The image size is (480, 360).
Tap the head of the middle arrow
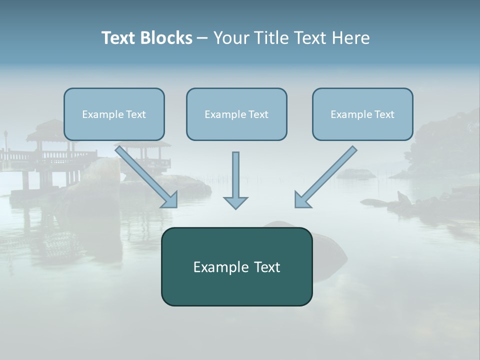(235, 202)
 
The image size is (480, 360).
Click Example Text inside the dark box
(236, 267)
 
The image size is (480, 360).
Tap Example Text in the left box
(114, 114)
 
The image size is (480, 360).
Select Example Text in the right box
(362, 114)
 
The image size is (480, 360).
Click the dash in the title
(202, 38)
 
